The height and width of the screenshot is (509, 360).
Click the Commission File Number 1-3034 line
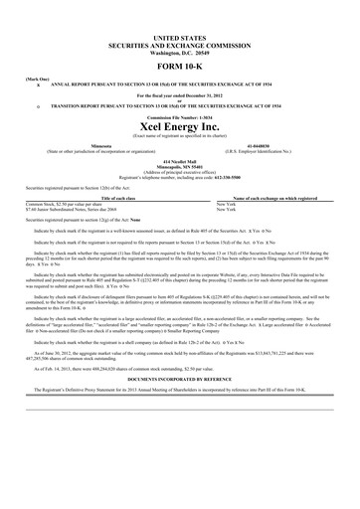point(181,121)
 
